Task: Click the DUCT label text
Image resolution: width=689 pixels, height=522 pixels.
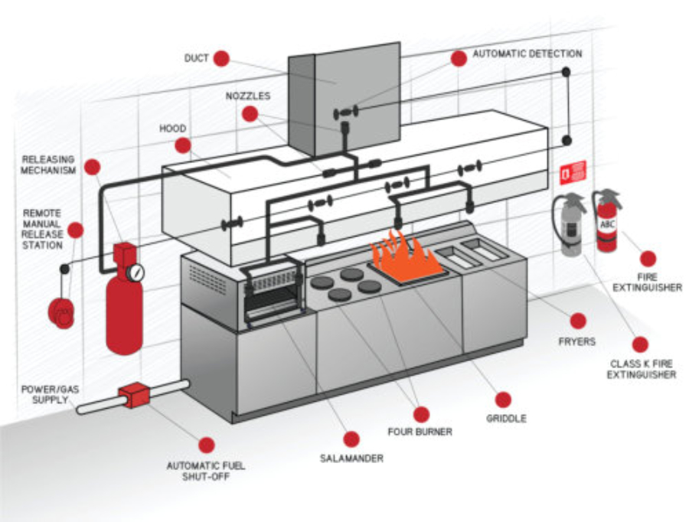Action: tap(197, 58)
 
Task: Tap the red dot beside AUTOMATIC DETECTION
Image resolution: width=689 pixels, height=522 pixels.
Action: tap(459, 59)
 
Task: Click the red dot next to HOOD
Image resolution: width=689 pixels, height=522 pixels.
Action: tap(182, 145)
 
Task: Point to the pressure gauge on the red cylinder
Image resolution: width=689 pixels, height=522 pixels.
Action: tap(136, 272)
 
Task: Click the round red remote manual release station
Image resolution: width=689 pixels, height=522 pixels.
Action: tap(61, 312)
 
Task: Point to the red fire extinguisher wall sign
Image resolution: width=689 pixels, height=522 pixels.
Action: tap(573, 173)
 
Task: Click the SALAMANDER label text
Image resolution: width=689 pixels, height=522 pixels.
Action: tap(351, 458)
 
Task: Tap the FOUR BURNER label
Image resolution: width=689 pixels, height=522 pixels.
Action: tap(420, 432)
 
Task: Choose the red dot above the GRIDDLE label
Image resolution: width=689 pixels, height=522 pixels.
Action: tap(503, 400)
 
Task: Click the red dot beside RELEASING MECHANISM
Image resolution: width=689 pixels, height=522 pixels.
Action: tap(93, 167)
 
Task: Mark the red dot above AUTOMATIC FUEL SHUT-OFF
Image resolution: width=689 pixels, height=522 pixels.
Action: tap(206, 445)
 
